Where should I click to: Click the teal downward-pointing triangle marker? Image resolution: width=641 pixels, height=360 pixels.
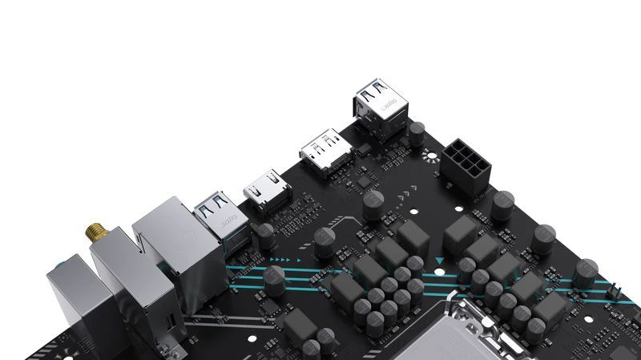tap(440, 261)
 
